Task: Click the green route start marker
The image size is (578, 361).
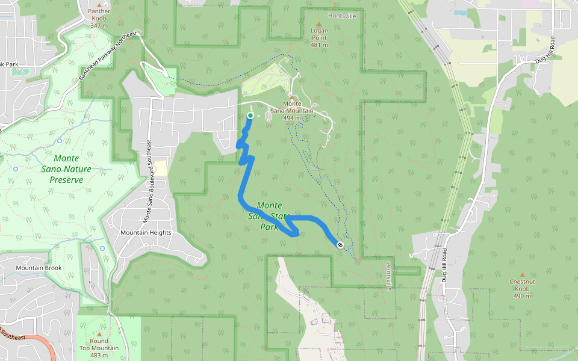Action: click(x=250, y=115)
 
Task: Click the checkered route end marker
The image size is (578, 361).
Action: click(x=340, y=244)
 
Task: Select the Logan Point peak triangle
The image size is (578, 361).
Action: click(x=319, y=23)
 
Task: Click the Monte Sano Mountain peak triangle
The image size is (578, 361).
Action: click(x=292, y=97)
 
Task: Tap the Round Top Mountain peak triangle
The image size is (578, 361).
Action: click(x=99, y=334)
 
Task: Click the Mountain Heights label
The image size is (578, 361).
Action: click(x=146, y=233)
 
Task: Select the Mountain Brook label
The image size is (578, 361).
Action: click(x=39, y=268)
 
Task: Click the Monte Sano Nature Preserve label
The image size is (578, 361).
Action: click(x=70, y=169)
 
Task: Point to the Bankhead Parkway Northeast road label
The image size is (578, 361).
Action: click(x=108, y=57)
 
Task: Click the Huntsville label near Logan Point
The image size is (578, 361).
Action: click(x=342, y=16)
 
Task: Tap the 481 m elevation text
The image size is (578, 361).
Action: click(x=319, y=45)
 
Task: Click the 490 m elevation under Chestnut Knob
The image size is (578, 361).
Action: click(x=521, y=296)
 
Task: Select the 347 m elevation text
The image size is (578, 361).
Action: click(x=99, y=25)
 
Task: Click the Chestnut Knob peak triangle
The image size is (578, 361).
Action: click(x=521, y=274)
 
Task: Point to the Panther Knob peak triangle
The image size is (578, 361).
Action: click(x=99, y=3)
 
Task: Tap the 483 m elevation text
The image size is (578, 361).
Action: click(x=99, y=356)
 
